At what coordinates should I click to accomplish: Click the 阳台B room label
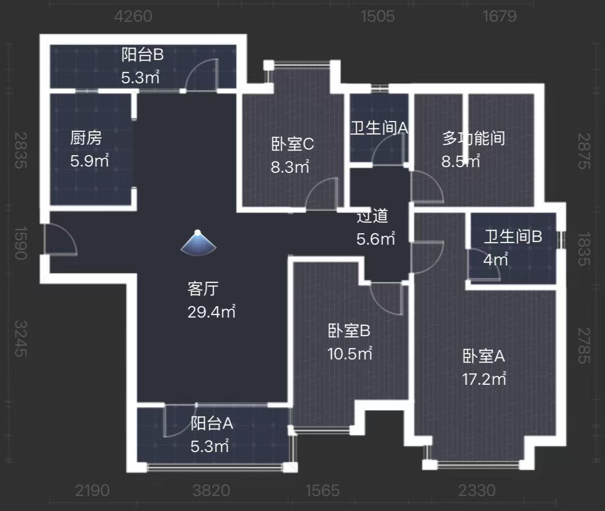[x=142, y=54]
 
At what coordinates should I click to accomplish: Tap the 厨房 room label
[x=85, y=139]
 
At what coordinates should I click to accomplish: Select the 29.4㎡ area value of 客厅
[x=211, y=312]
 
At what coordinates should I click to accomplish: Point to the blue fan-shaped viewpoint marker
[x=198, y=243]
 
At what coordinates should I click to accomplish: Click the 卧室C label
[x=292, y=144]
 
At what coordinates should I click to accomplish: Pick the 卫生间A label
[x=379, y=128]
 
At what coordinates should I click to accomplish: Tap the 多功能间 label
[x=473, y=138]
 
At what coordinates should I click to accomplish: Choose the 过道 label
[x=372, y=217]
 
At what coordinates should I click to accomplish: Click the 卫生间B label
[x=512, y=237]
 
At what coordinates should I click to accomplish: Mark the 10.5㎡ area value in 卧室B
[x=350, y=354]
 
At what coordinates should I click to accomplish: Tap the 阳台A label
[x=212, y=424]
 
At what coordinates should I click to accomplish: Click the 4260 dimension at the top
[x=133, y=17]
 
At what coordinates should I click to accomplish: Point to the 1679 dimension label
[x=500, y=17]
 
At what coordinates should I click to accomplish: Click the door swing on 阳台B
[x=202, y=75]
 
